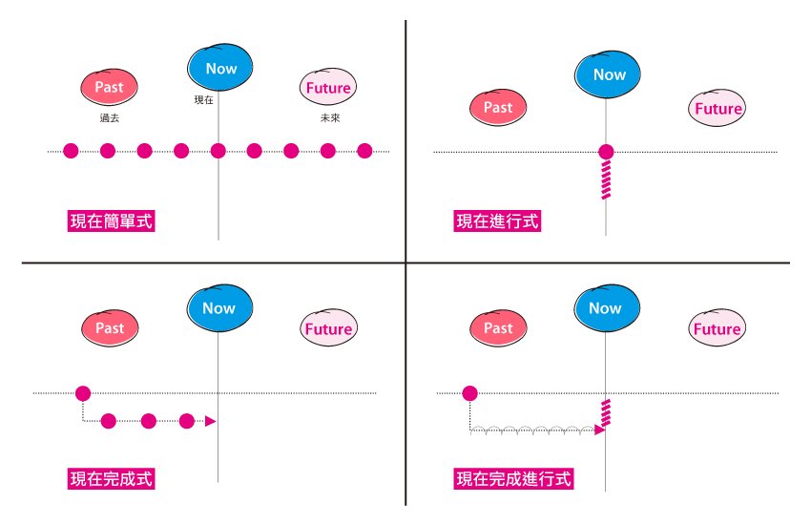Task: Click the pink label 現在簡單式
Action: [x=112, y=220]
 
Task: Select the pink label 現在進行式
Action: [x=497, y=220]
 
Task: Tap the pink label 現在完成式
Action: [x=112, y=477]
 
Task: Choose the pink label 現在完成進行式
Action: [x=514, y=477]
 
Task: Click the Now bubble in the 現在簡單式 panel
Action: [x=220, y=68]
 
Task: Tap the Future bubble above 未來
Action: [x=328, y=88]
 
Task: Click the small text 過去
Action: [x=108, y=118]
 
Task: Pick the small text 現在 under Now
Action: [x=203, y=99]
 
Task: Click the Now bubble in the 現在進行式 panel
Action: [x=607, y=74]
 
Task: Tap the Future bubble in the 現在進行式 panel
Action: [x=717, y=108]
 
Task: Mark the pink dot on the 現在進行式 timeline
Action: [x=606, y=151]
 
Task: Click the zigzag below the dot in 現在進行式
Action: [x=606, y=178]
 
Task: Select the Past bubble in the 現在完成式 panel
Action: [x=109, y=328]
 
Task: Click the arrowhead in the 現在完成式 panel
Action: [x=211, y=421]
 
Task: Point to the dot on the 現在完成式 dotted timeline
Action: [x=83, y=392]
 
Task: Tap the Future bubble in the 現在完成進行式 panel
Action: [x=716, y=328]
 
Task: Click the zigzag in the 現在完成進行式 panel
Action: [x=605, y=412]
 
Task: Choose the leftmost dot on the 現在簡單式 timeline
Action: [x=71, y=150]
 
